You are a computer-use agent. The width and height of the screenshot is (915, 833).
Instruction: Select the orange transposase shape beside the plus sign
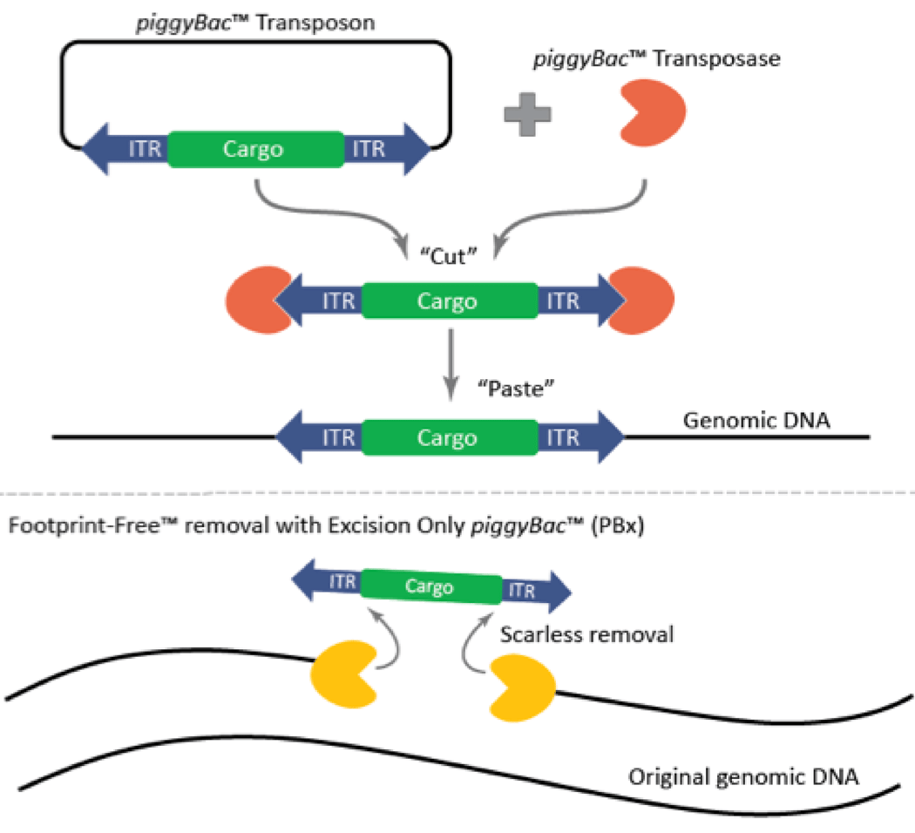point(651,112)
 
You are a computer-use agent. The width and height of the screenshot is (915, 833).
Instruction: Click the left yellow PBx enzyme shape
point(344,672)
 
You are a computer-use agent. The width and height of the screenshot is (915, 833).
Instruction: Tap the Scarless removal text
point(586,634)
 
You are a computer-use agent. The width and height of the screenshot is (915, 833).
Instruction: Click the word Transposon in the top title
point(321,22)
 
